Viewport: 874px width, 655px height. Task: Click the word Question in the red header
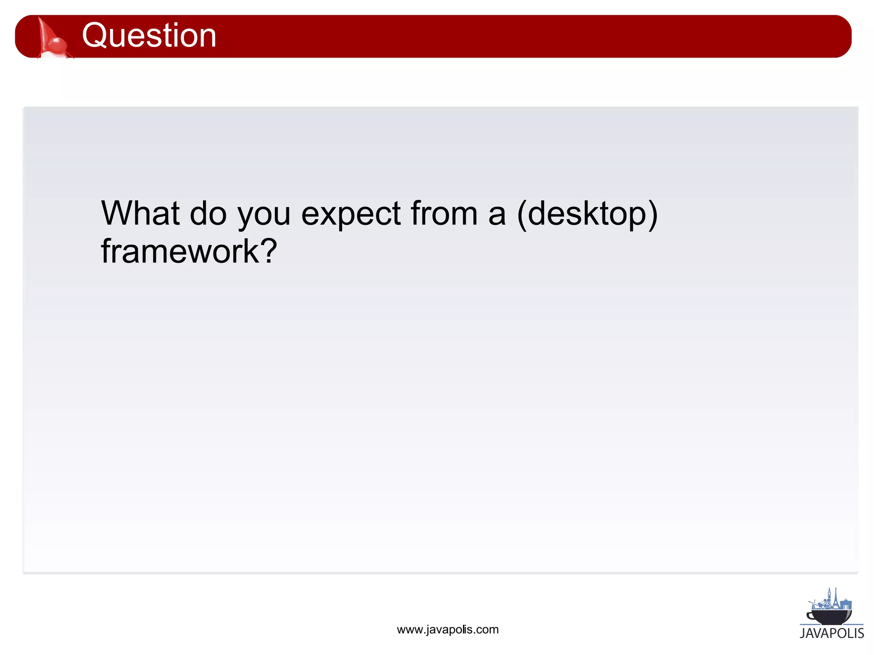[x=149, y=35]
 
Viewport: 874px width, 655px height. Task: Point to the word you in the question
[x=264, y=215]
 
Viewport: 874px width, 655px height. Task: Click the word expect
[x=351, y=214]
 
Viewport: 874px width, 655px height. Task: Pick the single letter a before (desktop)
[x=497, y=215]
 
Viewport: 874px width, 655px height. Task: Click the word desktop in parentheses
[x=587, y=214]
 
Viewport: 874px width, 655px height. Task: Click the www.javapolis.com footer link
[x=447, y=630]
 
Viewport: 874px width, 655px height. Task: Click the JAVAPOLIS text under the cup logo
[x=832, y=633]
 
